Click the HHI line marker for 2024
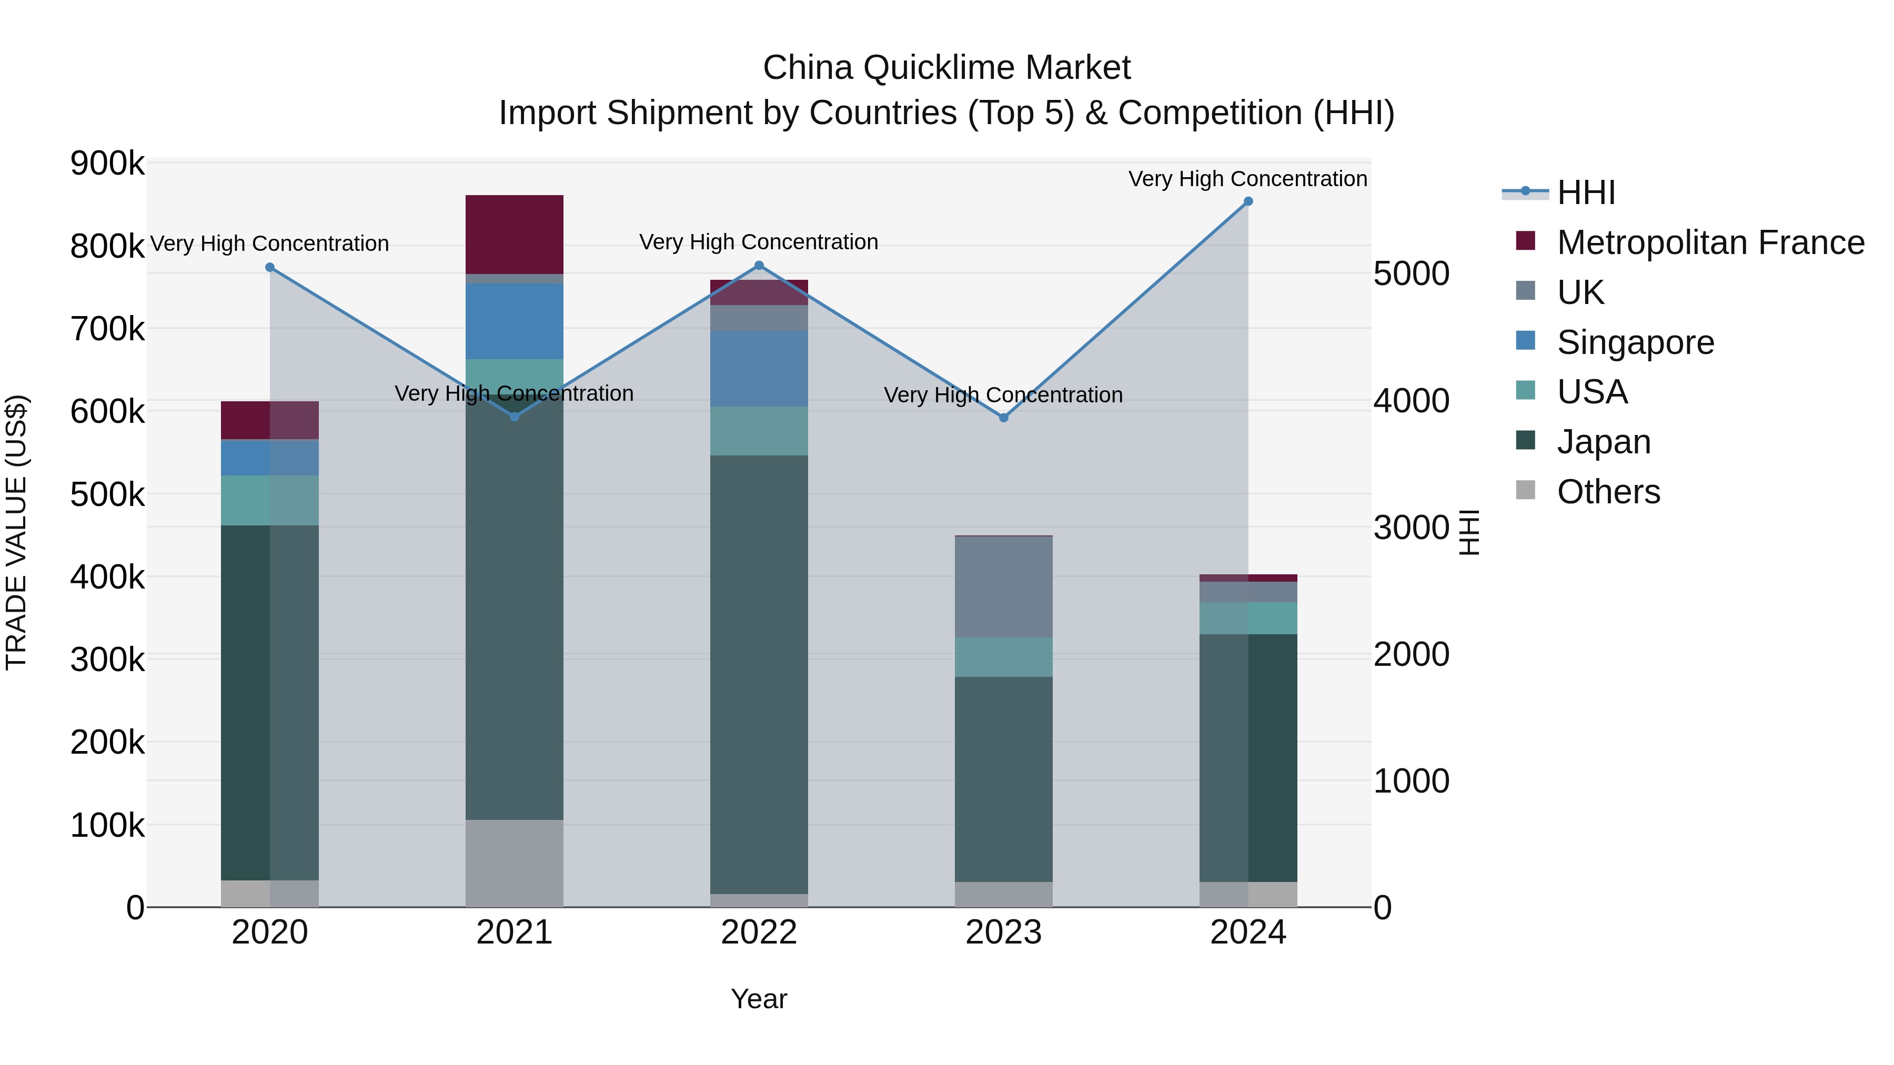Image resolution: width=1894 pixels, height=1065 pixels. click(x=1248, y=201)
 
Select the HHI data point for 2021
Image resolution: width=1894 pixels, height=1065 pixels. click(x=515, y=417)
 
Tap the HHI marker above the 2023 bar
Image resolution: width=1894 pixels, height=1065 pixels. click(x=1004, y=418)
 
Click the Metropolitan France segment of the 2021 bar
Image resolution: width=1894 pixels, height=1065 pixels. click(x=515, y=235)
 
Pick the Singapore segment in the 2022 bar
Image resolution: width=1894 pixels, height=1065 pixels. click(x=759, y=368)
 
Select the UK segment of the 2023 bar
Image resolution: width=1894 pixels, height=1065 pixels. click(x=1004, y=586)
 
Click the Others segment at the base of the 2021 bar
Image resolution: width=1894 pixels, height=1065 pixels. click(x=515, y=863)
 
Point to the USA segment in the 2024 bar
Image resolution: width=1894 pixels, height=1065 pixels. click(x=1248, y=618)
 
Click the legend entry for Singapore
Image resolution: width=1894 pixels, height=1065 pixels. click(x=1635, y=342)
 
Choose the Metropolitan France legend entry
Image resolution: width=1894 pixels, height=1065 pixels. click(x=1709, y=242)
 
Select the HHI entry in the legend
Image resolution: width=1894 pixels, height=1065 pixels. click(x=1585, y=192)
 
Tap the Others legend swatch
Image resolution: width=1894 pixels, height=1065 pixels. click(x=1526, y=490)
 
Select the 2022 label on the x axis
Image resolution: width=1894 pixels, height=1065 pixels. click(x=759, y=932)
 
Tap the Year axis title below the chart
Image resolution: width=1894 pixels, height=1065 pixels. click(x=759, y=999)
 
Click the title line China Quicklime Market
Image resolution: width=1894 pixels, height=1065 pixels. click(x=946, y=68)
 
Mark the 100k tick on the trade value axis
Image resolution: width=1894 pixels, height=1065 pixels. click(x=107, y=825)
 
